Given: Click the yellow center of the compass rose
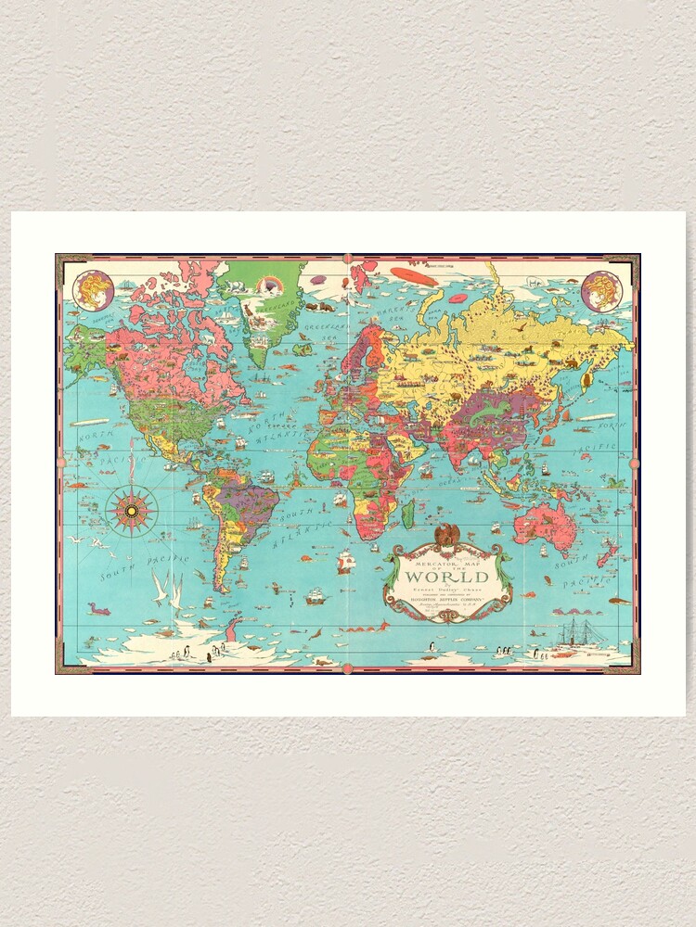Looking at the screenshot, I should coord(132,510).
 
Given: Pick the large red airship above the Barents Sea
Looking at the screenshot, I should coord(414,275).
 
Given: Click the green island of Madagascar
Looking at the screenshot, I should coord(407,514).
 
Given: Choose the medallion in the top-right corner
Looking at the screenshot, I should coord(601,290).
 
